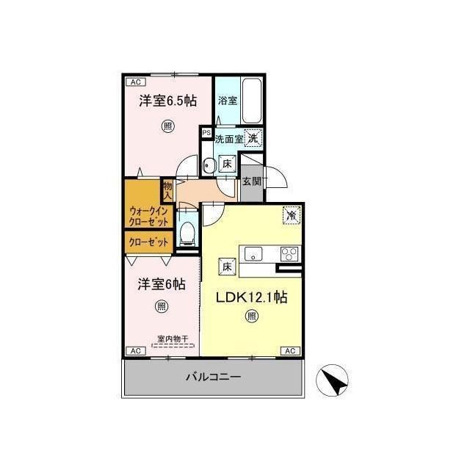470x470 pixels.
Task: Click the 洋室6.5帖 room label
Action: (168, 101)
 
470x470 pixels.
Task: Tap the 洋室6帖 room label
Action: (162, 284)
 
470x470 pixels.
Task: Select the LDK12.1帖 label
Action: (252, 297)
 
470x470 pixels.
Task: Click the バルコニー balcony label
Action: (214, 377)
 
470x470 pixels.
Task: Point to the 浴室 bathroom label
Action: (228, 101)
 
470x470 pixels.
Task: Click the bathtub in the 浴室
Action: (251, 101)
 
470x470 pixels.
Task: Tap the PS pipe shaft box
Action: (206, 132)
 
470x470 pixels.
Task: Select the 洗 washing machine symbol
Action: (253, 138)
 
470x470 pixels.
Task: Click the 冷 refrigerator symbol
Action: (292, 215)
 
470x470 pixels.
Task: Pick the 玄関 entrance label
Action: (251, 181)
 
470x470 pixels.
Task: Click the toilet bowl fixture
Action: (188, 233)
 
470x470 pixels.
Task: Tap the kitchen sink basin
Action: (253, 254)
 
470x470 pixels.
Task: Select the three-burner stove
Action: (289, 254)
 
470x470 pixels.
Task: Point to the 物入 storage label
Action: (167, 191)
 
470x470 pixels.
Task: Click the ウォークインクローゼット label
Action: (148, 217)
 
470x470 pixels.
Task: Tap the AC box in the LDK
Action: (290, 351)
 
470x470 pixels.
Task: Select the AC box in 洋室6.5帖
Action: (136, 82)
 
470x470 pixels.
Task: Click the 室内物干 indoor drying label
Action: (173, 339)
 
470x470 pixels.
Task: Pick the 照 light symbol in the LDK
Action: (251, 316)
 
